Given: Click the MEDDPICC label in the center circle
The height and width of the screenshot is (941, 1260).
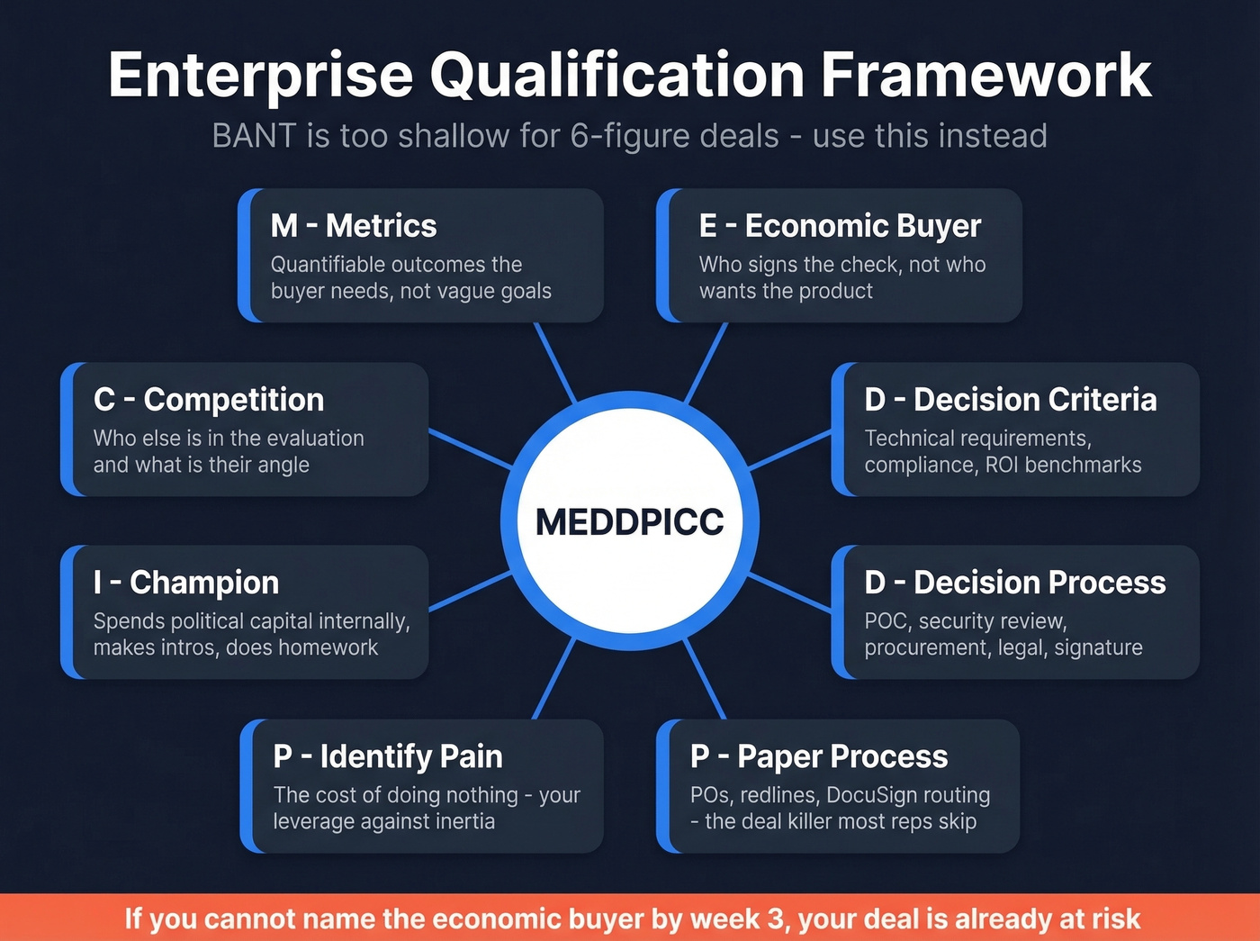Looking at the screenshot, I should pos(629,522).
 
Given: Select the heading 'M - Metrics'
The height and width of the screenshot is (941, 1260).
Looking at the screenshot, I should pos(354,225).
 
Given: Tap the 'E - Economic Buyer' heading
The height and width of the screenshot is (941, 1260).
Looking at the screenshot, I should pos(840,225).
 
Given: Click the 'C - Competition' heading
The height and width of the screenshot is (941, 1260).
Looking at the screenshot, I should pos(209,400).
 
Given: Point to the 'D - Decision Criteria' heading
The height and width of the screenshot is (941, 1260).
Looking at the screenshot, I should pos(1011,400).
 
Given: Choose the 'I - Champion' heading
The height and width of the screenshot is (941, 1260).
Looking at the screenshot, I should pos(186,583).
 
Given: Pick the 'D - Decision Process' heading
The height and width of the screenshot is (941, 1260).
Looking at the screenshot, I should pos(1015,583).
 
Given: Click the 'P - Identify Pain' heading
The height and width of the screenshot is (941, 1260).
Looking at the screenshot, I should pos(388,756).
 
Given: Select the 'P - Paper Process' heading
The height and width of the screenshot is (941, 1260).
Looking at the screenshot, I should pos(819,756).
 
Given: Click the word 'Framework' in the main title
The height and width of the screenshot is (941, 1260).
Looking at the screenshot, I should pos(985,75).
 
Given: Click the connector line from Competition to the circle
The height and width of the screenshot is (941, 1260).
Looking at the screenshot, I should pos(470,448).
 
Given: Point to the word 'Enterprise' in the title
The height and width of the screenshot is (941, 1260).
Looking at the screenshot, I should pos(261,75).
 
